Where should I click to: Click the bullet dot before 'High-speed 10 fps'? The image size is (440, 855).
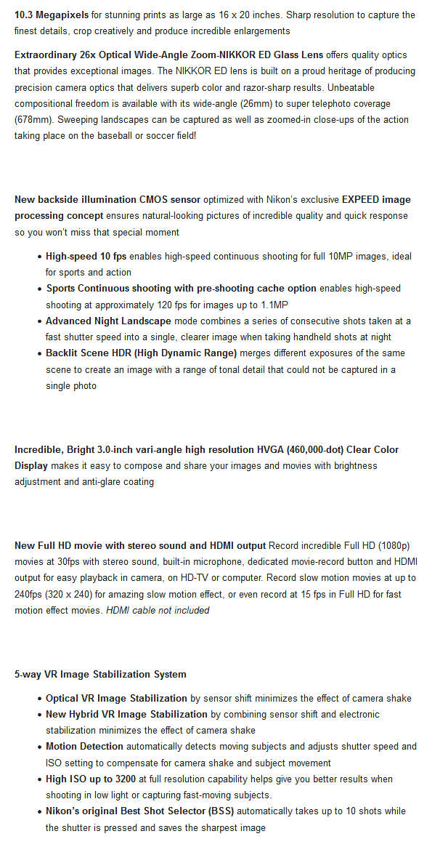(38, 257)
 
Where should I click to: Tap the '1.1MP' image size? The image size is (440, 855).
(271, 305)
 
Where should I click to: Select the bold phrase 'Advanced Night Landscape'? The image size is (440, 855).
(108, 321)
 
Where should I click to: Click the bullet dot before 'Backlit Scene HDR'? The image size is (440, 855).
(38, 353)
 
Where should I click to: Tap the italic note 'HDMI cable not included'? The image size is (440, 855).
(158, 610)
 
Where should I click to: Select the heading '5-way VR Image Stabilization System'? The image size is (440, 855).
(100, 674)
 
